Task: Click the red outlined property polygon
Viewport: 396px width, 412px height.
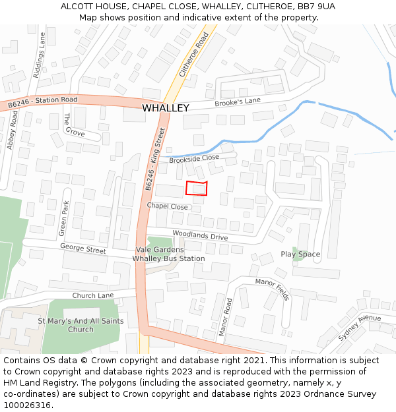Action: pos(197,189)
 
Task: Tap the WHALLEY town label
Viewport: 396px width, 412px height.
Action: pos(166,108)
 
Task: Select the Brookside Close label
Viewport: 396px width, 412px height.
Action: pos(193,159)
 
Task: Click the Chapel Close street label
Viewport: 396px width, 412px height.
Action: pos(167,206)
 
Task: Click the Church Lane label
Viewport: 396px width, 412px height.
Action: pos(93,295)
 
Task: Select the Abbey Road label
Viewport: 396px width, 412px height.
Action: pos(11,129)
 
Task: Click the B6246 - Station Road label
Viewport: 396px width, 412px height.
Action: pos(42,102)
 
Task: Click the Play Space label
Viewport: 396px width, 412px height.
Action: pos(300,254)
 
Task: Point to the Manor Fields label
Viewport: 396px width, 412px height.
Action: pos(273,289)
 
